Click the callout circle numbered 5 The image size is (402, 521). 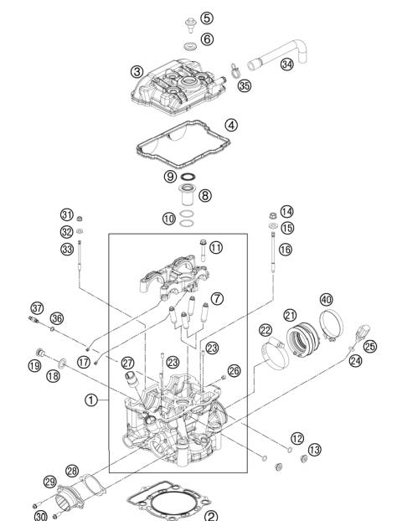point(206,18)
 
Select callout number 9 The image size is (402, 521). point(170,177)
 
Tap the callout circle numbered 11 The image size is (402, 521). point(216,248)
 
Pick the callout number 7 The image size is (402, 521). point(217,297)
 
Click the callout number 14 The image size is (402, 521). point(287,211)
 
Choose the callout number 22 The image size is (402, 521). point(265,332)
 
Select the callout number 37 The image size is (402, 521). point(36,307)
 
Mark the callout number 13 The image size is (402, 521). point(314,451)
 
